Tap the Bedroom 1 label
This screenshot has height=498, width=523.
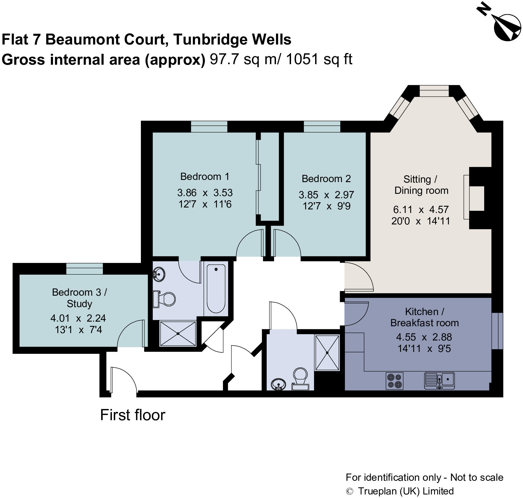[x=204, y=177]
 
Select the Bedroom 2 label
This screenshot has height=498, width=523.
[x=326, y=179]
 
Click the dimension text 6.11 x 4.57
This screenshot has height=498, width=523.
[x=421, y=210]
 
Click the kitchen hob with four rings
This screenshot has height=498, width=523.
[x=394, y=381]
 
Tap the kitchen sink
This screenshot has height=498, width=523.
[x=439, y=380]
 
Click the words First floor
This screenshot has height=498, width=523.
[x=133, y=415]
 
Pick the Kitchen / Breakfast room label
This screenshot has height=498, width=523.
[x=424, y=317]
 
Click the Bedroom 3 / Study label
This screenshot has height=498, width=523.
[x=79, y=298]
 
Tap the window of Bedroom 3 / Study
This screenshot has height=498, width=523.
[x=85, y=269]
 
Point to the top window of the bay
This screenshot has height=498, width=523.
[x=434, y=91]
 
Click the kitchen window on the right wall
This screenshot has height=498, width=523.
[x=497, y=331]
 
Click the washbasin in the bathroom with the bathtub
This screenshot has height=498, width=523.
[x=159, y=274]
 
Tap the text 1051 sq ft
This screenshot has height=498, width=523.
[x=319, y=59]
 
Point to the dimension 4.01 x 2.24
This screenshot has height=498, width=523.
[x=78, y=318]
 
